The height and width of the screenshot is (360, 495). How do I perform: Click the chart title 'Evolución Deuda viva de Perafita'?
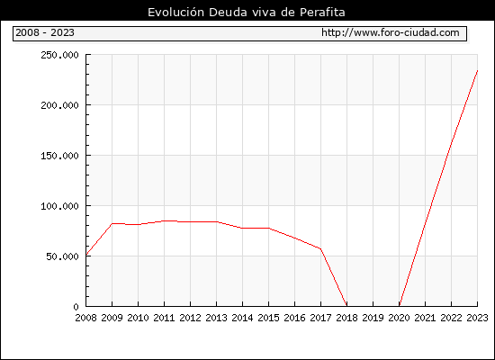(x=247, y=13)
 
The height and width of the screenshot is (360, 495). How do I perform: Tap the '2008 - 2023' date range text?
(x=45, y=32)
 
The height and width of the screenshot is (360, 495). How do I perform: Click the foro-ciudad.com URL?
(x=391, y=32)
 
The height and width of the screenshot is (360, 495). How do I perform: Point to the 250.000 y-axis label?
(x=59, y=55)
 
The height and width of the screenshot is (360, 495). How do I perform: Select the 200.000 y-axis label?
(x=59, y=105)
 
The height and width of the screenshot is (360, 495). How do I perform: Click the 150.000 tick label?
(x=59, y=156)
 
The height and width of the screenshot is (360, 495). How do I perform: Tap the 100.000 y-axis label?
(x=59, y=206)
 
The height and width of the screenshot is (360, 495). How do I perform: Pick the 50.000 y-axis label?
(x=62, y=256)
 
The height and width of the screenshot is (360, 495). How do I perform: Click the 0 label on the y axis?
(x=76, y=307)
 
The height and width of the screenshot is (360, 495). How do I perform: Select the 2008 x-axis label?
(x=85, y=318)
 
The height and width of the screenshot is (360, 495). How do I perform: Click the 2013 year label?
(x=216, y=318)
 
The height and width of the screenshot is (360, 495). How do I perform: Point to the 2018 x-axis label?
(x=346, y=318)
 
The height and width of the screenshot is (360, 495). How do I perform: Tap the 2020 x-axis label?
(x=399, y=318)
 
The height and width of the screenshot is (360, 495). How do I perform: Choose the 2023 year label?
(x=477, y=318)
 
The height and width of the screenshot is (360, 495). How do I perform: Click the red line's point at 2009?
(x=112, y=223)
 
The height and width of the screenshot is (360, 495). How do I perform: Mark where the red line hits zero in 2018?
(x=346, y=306)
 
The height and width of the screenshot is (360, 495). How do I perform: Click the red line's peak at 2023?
(x=477, y=70)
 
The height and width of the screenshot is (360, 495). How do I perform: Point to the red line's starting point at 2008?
(x=86, y=255)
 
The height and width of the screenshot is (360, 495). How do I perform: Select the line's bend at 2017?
(x=320, y=248)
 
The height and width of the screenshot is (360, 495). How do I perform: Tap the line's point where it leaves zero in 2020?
(x=400, y=306)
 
